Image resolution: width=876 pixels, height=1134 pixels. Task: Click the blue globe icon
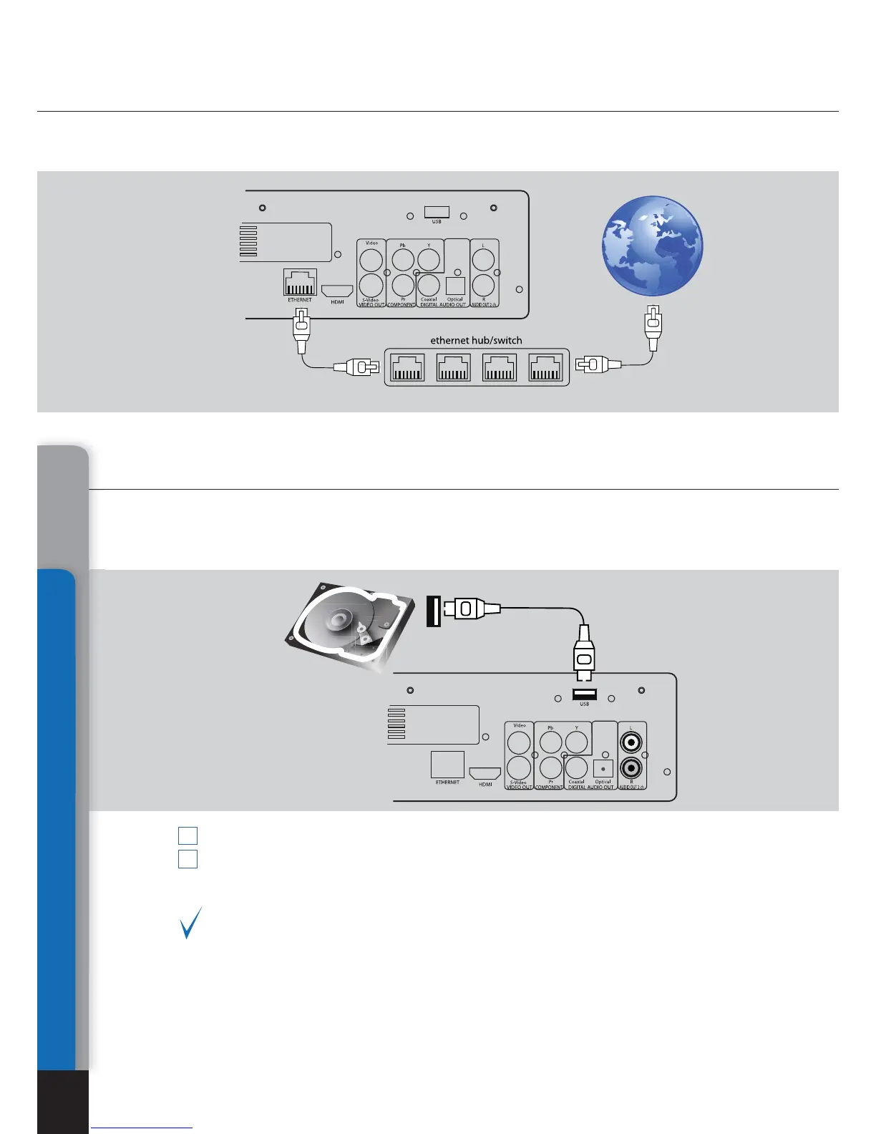tap(652, 246)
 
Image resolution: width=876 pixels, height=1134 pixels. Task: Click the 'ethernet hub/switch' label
tap(476, 340)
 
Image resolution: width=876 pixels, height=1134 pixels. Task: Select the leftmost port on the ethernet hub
tap(407, 368)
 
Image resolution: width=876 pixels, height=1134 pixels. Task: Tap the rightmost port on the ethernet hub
tap(545, 368)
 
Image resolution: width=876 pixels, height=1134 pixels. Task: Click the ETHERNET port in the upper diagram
tap(300, 283)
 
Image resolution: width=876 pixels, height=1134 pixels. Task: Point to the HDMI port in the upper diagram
tap(337, 291)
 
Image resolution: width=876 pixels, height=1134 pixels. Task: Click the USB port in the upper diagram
tap(437, 211)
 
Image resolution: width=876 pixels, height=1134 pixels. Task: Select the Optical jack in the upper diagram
tap(455, 285)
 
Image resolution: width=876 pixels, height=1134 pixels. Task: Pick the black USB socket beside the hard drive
tap(433, 611)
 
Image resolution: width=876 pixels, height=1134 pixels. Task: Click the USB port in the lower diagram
tap(585, 694)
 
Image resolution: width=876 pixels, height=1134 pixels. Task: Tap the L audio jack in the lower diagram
tap(631, 742)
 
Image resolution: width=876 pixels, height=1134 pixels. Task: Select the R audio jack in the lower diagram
tap(631, 768)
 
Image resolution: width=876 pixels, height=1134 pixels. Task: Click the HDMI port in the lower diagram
tap(485, 773)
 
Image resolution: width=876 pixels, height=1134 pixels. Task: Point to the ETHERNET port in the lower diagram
tap(447, 765)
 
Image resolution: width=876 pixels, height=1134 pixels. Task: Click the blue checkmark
tap(190, 923)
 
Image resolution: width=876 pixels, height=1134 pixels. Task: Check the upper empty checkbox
tap(188, 835)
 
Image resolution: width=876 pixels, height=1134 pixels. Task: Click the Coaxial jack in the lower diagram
tap(576, 767)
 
